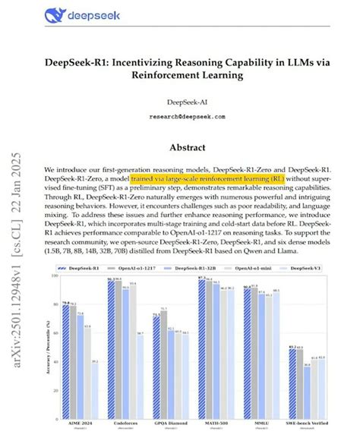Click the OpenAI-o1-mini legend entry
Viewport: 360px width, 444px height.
263,268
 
